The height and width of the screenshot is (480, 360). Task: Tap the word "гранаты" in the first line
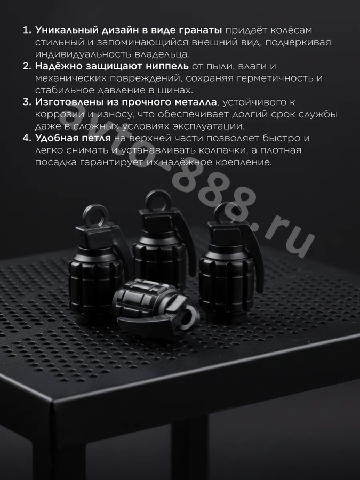point(200,30)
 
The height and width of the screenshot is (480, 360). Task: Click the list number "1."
point(27,30)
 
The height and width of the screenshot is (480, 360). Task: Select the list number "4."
point(27,138)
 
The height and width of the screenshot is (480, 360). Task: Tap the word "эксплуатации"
point(209,126)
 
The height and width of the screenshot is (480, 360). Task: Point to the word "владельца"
point(162,54)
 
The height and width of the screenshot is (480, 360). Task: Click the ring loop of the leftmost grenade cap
point(97,215)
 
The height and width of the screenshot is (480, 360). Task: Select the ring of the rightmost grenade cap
point(227,213)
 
